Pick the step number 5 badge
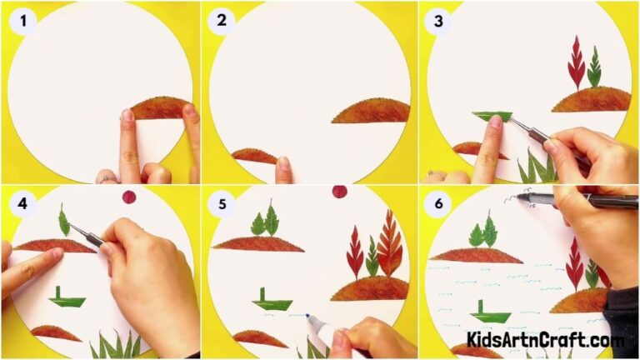tap(221, 202)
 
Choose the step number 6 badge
tap(435, 202)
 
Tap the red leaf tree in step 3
tap(575, 63)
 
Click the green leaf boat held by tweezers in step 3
tap(492, 117)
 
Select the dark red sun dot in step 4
tap(129, 197)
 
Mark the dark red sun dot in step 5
tap(339, 192)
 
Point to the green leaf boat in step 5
tap(272, 302)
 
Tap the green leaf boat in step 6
tap(488, 313)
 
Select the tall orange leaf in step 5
tap(388, 242)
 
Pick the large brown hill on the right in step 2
tap(372, 110)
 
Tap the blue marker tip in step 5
tap(308, 317)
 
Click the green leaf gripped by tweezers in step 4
tap(64, 221)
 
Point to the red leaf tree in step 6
tap(575, 263)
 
